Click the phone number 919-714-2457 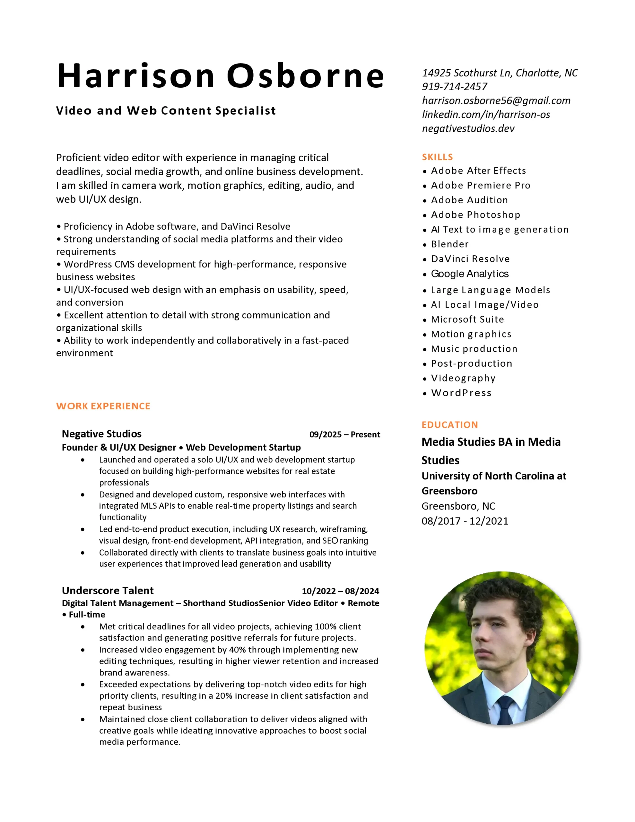click(x=454, y=87)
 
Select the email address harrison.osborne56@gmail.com click(x=496, y=101)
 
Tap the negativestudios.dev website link click(x=468, y=128)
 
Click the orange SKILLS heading click(x=437, y=157)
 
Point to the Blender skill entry click(x=449, y=244)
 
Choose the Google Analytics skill click(x=469, y=274)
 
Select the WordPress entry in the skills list click(x=461, y=393)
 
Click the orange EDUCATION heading click(x=449, y=424)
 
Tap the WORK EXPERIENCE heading click(x=103, y=406)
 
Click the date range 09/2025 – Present click(x=344, y=434)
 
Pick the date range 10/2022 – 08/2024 click(x=340, y=591)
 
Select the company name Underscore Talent click(x=108, y=590)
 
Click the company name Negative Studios click(x=102, y=434)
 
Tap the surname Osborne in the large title click(x=305, y=76)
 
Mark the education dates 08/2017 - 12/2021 click(x=465, y=521)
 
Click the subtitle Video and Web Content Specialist click(x=166, y=111)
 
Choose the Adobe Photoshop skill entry click(x=475, y=215)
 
